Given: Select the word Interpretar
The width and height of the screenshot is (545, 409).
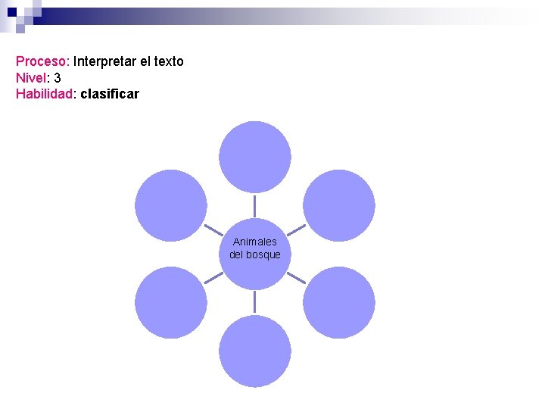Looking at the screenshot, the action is [106, 61].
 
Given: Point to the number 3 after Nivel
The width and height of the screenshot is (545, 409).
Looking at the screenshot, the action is [58, 78].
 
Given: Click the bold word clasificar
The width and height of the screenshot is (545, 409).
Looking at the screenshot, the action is [109, 95].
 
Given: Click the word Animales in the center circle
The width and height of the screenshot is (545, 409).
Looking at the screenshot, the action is [255, 242].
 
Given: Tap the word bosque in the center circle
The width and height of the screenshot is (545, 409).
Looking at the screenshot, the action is [264, 254].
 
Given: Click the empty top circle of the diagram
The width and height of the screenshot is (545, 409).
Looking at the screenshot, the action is [255, 157].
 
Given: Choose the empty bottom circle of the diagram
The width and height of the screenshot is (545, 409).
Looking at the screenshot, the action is [255, 351].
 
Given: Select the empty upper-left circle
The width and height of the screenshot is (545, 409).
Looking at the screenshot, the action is [171, 205].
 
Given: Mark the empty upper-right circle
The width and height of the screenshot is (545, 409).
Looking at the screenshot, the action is [338, 205].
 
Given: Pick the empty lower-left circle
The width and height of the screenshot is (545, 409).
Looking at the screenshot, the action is [171, 302].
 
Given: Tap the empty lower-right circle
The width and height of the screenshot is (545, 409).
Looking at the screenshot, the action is [338, 302].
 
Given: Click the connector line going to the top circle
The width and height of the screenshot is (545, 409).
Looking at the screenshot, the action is [255, 205].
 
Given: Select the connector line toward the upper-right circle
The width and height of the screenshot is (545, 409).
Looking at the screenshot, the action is [297, 229].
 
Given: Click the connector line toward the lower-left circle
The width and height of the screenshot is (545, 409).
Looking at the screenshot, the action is [213, 278].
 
